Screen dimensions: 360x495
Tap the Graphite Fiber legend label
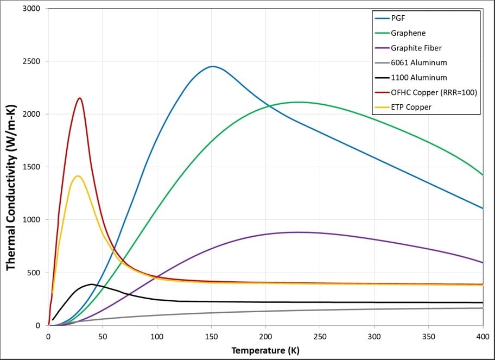[416, 48]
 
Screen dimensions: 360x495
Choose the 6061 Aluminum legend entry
[418, 63]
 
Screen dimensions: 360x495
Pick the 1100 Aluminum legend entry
[418, 78]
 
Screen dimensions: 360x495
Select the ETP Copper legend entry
[411, 107]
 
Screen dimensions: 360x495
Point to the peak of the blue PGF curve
[212, 66]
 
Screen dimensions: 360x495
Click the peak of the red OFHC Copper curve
[80, 98]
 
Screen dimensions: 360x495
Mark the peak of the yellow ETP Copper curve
[78, 176]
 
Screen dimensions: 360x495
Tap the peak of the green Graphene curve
[297, 102]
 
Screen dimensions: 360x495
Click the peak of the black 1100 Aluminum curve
[91, 284]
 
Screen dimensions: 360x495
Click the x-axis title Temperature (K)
[265, 350]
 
